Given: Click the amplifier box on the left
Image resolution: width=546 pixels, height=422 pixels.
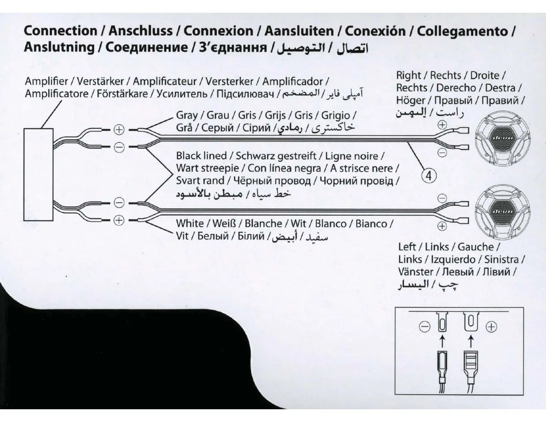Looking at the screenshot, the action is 38,174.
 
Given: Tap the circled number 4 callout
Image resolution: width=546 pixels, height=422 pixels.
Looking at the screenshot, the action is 429,176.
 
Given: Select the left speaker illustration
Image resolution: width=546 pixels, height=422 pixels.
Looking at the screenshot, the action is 502,211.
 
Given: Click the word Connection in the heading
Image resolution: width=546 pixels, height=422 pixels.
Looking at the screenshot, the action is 60,31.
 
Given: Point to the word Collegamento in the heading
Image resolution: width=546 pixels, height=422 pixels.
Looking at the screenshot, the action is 462,31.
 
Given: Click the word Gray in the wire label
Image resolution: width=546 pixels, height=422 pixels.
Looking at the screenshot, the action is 187,115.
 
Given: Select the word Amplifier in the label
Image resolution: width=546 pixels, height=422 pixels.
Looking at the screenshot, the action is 47,81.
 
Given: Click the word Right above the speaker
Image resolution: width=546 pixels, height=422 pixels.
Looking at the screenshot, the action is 408,76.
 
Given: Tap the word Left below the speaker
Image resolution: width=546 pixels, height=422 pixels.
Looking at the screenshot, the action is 407,247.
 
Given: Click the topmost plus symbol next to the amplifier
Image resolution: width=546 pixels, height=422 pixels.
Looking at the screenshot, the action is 119,130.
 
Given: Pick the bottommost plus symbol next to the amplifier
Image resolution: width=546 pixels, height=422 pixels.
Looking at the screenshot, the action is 119,220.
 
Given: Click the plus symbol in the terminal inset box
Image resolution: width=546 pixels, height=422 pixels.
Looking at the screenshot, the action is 491,326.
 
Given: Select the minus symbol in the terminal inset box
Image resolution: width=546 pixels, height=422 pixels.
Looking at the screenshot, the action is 425,326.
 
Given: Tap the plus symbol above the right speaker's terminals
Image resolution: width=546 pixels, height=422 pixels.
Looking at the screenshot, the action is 442,125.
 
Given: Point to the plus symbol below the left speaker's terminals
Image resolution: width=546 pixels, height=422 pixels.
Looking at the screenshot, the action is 442,226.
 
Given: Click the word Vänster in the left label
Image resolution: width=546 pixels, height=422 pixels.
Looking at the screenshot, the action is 415,272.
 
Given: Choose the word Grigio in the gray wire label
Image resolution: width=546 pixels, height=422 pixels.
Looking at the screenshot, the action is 335,115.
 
